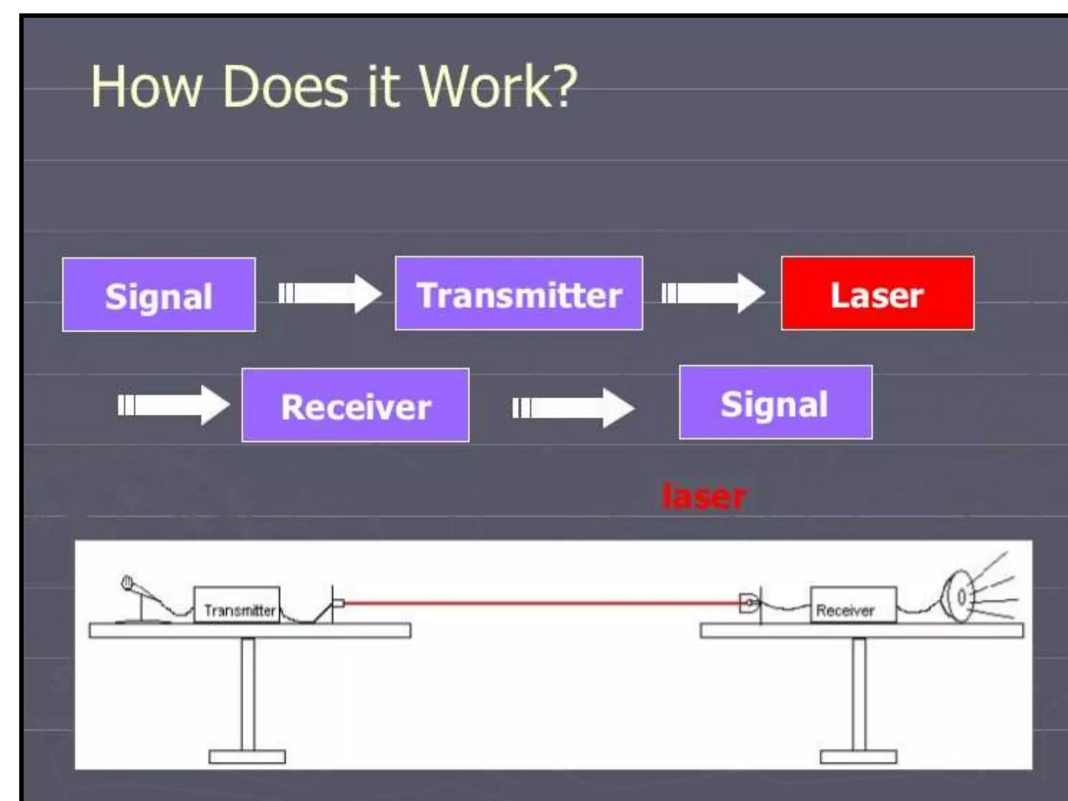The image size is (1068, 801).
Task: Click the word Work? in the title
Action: click(x=498, y=87)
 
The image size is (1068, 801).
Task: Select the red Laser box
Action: click(x=877, y=294)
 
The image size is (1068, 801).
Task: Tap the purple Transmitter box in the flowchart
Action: click(x=519, y=294)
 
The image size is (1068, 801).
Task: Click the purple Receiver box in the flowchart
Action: click(x=355, y=406)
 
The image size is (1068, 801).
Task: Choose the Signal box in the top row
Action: click(x=159, y=295)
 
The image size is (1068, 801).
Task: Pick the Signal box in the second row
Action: click(x=775, y=403)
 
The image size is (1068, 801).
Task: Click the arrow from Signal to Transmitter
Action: click(x=330, y=294)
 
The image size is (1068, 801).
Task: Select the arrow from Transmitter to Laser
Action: click(x=713, y=294)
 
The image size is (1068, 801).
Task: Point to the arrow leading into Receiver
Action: click(x=173, y=405)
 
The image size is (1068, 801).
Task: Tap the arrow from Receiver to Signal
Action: click(x=573, y=408)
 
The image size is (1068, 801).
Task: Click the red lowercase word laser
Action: click(x=703, y=496)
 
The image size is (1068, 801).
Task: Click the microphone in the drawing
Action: click(x=127, y=584)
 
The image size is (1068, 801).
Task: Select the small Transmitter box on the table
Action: click(x=237, y=605)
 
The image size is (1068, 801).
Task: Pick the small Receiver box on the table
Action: click(x=853, y=605)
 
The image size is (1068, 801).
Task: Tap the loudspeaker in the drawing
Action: click(x=960, y=597)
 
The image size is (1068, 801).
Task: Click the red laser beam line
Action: click(x=542, y=603)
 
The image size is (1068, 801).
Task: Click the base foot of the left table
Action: click(x=247, y=756)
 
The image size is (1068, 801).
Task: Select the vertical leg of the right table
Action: click(x=858, y=694)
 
